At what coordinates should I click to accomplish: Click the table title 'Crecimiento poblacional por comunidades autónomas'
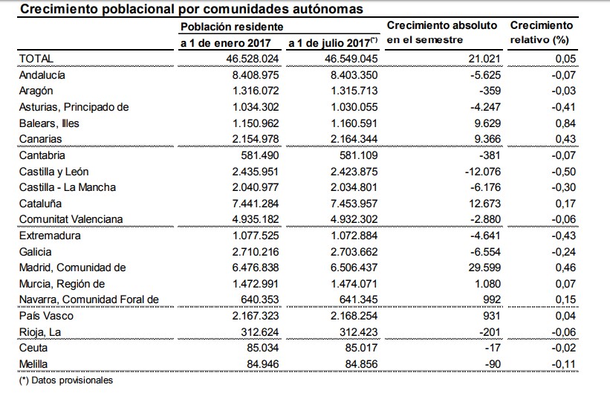tap(191, 10)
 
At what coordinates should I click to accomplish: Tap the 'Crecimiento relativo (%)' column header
tap(541, 31)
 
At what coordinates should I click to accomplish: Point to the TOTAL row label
tap(36, 58)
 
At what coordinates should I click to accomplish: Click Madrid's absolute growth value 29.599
tap(484, 267)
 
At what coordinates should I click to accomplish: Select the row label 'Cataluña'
tap(41, 203)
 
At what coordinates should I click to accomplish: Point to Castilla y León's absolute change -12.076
tap(480, 171)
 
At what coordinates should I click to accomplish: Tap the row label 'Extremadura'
tap(48, 236)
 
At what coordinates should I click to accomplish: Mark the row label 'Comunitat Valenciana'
tap(70, 219)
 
